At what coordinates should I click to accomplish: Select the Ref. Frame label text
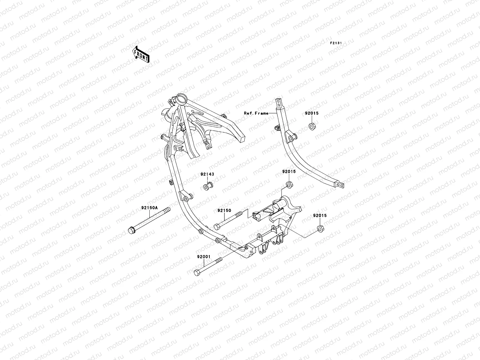256,113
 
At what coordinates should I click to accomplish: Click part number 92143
207,174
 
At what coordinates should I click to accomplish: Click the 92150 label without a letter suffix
224,210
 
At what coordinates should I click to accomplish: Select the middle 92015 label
289,172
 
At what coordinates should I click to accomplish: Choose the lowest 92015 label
320,215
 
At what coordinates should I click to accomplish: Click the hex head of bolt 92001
197,273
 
